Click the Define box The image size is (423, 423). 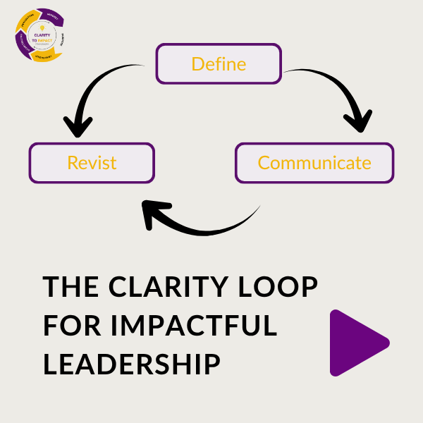point(219,64)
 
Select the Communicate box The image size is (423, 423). point(314,163)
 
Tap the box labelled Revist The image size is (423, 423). point(92,163)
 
